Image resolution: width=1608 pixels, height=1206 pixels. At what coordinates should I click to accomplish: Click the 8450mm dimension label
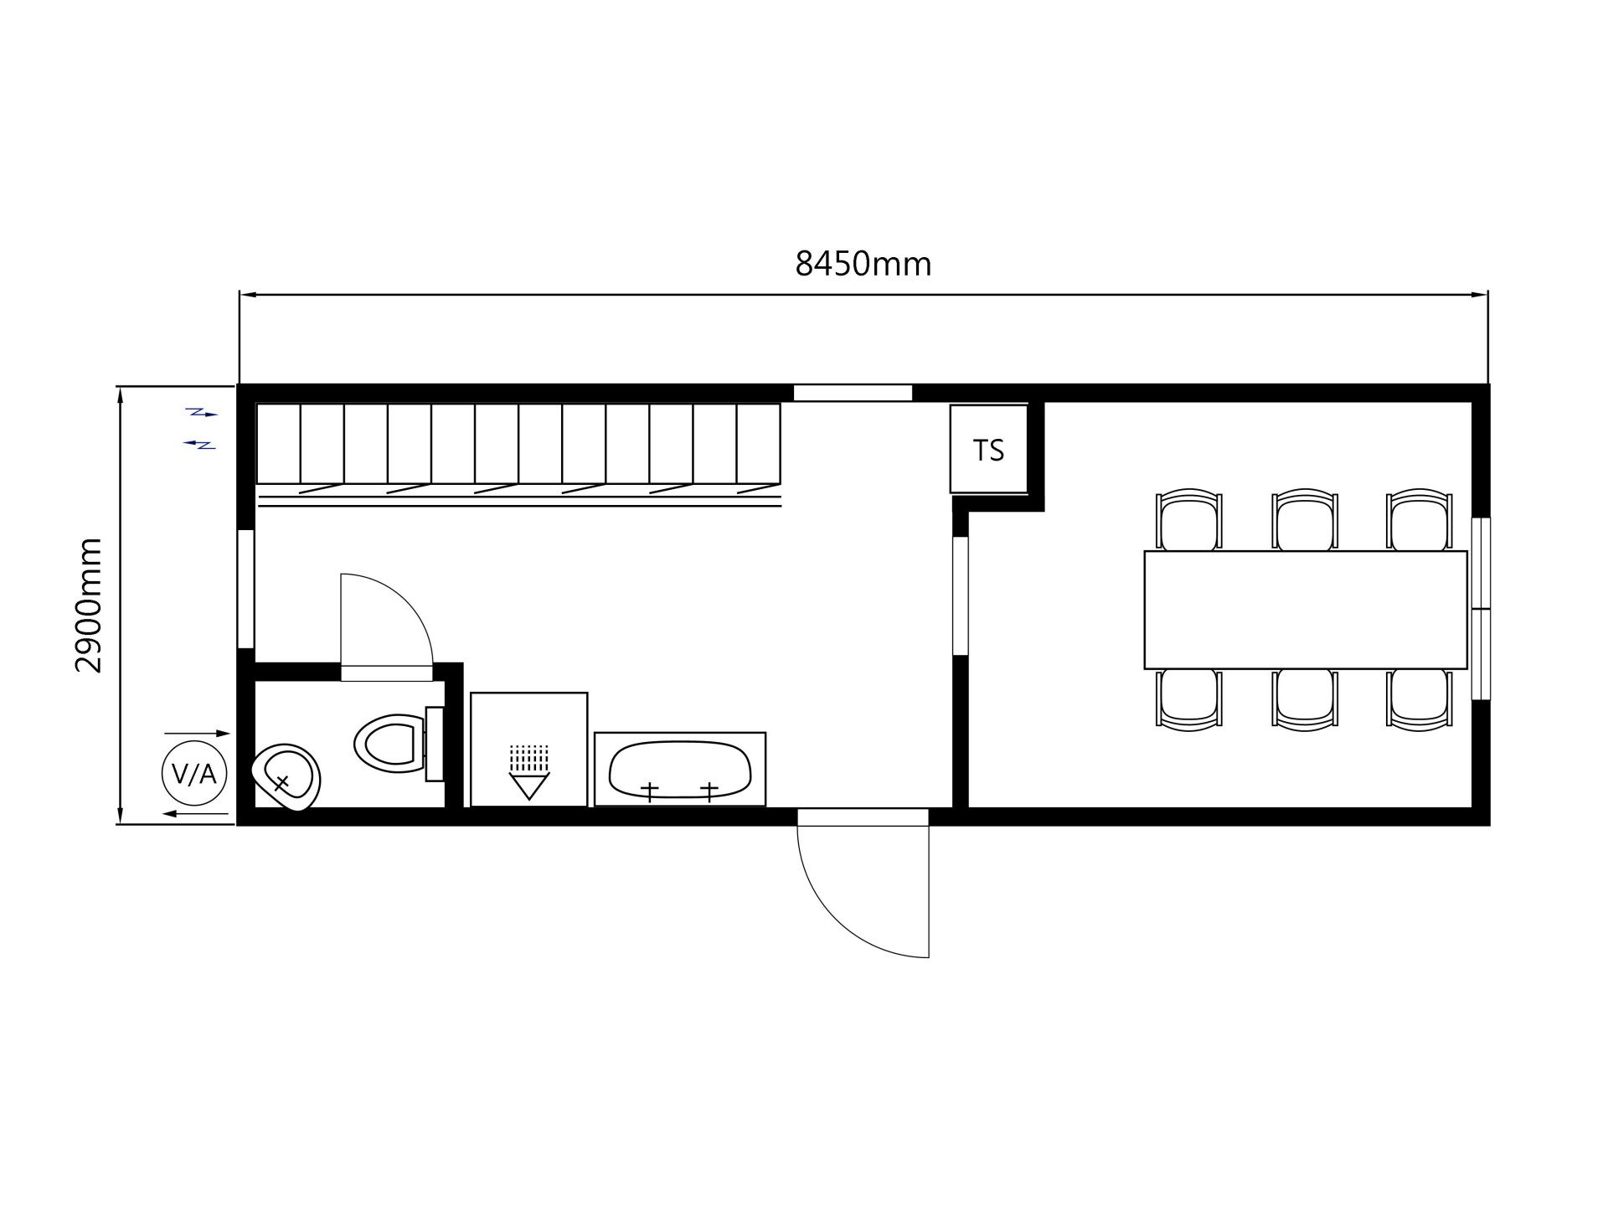863,264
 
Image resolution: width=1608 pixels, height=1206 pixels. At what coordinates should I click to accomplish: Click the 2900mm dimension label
88,606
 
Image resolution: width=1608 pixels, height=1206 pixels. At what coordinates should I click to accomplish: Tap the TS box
988,449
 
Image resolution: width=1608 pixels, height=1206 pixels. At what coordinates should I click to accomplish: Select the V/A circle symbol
193,774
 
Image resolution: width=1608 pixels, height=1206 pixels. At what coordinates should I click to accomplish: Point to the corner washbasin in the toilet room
287,777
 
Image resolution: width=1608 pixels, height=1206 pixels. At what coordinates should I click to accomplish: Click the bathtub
679,770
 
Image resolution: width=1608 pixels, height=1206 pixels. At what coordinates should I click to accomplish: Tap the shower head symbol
528,771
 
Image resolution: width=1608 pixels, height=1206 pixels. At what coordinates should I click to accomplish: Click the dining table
1306,610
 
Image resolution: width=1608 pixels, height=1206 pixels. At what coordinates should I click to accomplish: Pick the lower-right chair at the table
1420,699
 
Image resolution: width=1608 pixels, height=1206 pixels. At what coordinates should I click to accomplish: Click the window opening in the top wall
853,393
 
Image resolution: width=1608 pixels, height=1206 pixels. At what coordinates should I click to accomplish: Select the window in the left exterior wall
246,589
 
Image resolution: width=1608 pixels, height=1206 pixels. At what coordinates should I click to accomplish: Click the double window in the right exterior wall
1481,609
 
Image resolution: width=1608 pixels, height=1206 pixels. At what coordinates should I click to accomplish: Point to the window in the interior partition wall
961,595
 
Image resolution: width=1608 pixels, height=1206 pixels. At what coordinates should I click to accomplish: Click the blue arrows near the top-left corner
201,428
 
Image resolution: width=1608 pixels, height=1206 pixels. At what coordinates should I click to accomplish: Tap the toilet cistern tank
435,744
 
